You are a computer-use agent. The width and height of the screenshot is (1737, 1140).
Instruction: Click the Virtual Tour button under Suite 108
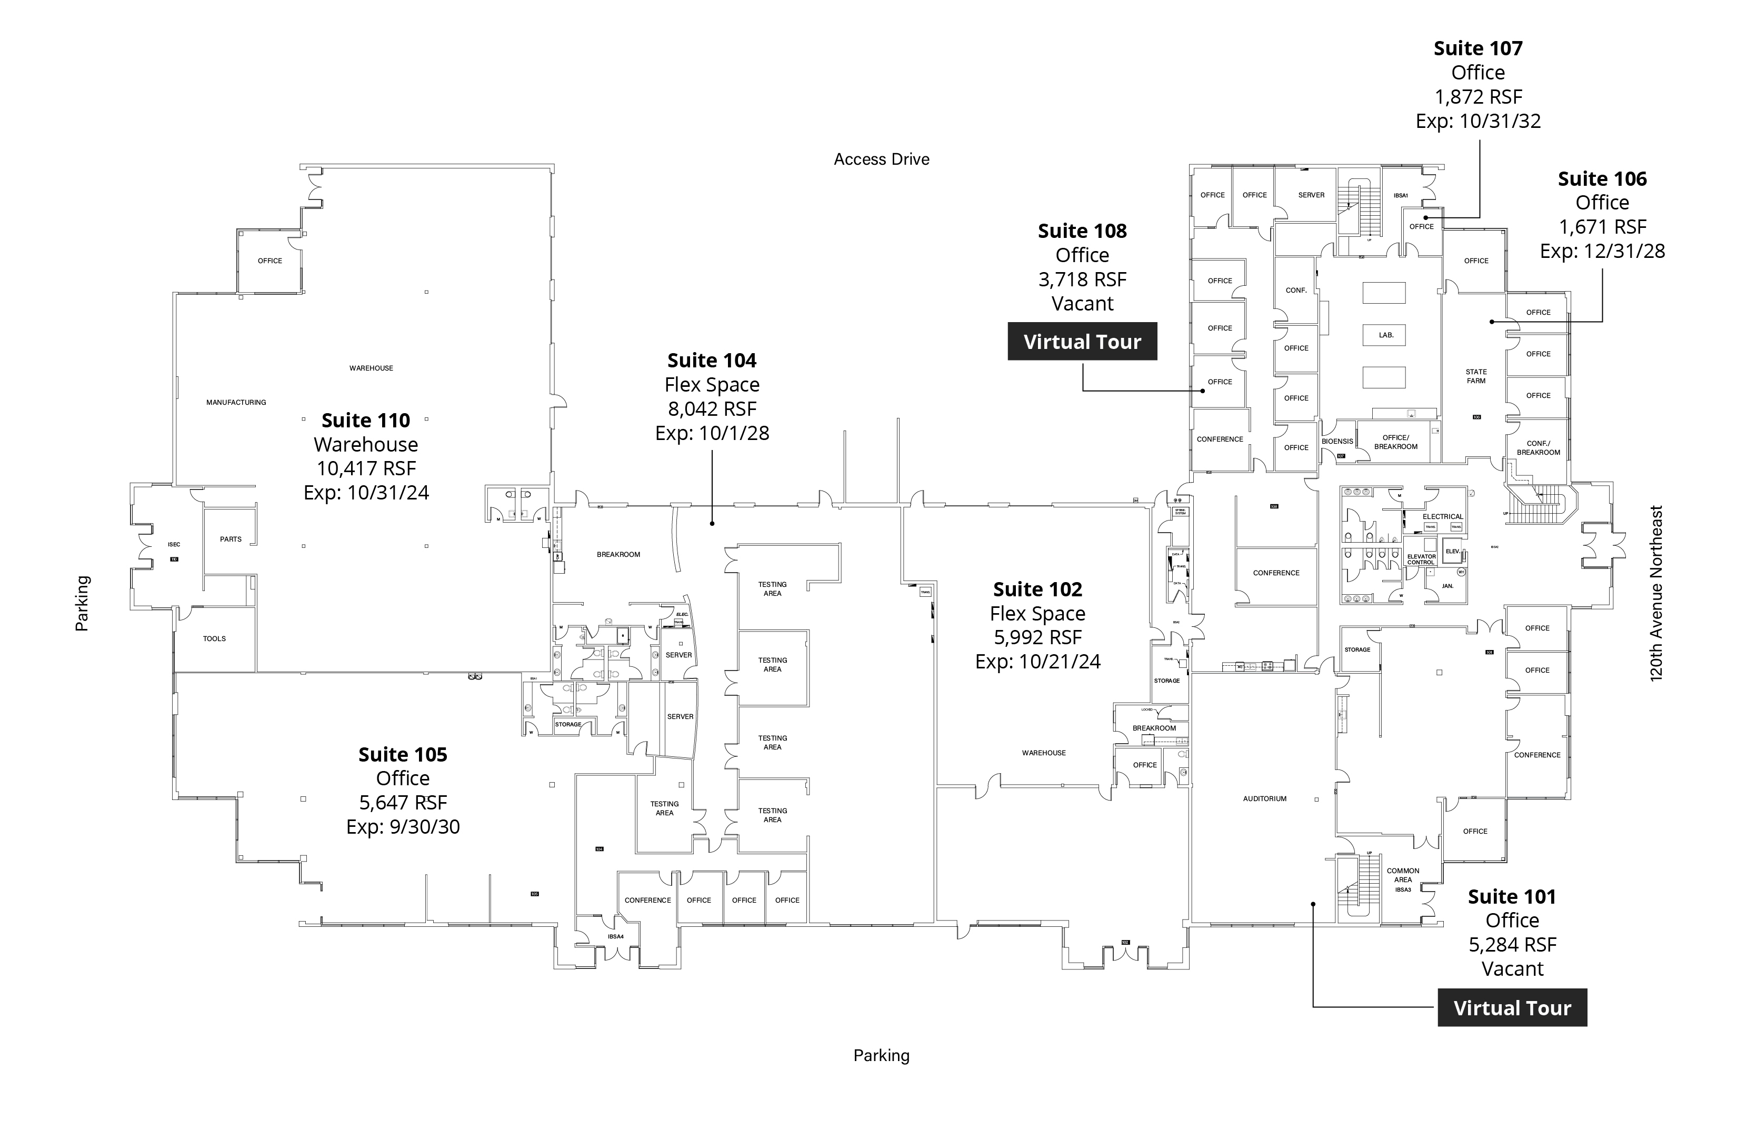tap(1082, 342)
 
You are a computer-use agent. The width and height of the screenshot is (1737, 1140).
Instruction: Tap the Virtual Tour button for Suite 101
tap(1512, 1008)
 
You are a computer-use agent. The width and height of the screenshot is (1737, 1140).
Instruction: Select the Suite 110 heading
tap(366, 421)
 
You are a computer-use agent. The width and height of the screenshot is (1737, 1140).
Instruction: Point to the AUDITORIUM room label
tap(1265, 799)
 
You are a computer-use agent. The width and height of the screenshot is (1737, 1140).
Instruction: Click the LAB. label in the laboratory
tap(1386, 335)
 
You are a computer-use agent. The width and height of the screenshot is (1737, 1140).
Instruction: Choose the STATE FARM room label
tap(1476, 376)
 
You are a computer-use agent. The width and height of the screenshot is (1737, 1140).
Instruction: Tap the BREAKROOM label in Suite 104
tap(618, 555)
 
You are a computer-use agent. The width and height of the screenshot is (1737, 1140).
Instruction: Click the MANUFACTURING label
tap(236, 402)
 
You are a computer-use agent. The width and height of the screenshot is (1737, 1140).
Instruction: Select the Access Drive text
tap(881, 159)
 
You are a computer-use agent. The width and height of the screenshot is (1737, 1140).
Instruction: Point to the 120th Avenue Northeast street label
tap(1656, 593)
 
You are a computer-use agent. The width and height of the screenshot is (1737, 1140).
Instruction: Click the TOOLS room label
tap(214, 638)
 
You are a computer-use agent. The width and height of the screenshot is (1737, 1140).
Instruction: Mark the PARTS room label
tap(231, 539)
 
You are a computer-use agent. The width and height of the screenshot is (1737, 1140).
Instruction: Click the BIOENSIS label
tap(1337, 442)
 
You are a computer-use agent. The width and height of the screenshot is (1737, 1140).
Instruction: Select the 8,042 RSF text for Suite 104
tap(712, 409)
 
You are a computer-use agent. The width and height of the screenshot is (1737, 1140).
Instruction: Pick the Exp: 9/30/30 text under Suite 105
tap(403, 827)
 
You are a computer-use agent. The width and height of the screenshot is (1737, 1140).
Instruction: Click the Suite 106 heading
tap(1602, 179)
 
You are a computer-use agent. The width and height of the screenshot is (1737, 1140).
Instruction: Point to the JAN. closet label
tap(1447, 586)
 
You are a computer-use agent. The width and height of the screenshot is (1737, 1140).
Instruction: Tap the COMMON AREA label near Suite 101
tap(1403, 875)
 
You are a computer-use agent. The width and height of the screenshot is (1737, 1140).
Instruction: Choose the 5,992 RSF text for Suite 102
tap(1037, 637)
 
